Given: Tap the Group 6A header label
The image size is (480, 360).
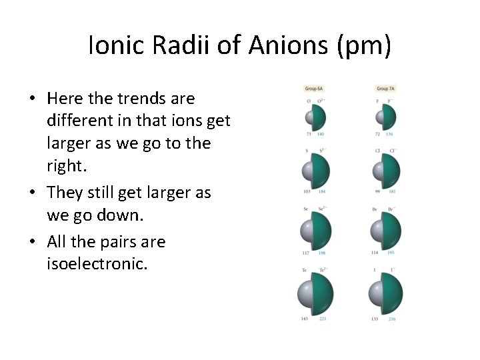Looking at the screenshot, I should click(x=313, y=89).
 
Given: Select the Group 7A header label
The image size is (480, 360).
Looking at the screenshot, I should click(x=385, y=89).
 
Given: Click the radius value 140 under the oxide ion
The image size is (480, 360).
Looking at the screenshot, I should click(x=321, y=135).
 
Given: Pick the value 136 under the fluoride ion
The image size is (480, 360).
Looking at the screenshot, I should click(x=391, y=135).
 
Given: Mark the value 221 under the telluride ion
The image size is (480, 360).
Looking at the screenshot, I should click(x=323, y=319).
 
